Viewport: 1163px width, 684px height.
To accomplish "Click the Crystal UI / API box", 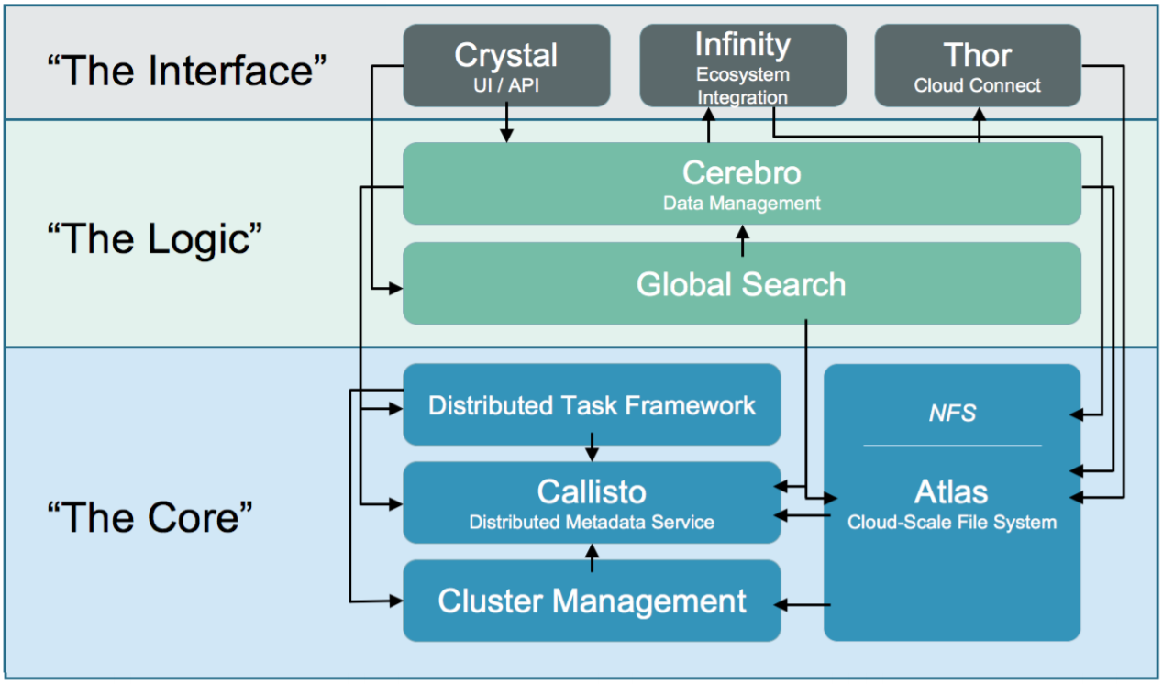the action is pyautogui.click(x=506, y=65).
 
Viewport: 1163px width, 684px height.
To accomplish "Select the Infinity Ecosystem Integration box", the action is pyautogui.click(x=743, y=65).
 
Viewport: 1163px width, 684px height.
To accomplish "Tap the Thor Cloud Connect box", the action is pyautogui.click(x=978, y=65).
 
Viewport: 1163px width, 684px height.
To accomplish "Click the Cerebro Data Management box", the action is pyautogui.click(x=742, y=183).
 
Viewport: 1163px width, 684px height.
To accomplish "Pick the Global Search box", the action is pyautogui.click(x=742, y=283).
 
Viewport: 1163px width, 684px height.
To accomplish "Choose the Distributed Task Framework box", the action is pyautogui.click(x=592, y=404).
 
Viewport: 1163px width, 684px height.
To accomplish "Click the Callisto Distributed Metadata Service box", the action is pyautogui.click(x=592, y=502).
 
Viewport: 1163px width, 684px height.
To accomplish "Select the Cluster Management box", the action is pyautogui.click(x=592, y=601).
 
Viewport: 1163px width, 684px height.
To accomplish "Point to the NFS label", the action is pyautogui.click(x=952, y=414).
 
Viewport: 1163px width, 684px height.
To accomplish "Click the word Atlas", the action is pyautogui.click(x=951, y=491).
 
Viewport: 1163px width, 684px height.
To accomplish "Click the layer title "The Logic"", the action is pyautogui.click(x=154, y=238).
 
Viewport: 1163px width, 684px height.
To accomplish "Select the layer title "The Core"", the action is pyautogui.click(x=150, y=517).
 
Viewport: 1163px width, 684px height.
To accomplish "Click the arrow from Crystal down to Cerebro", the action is pyautogui.click(x=506, y=123).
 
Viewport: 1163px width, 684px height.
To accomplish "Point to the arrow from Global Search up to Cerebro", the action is pyautogui.click(x=742, y=241).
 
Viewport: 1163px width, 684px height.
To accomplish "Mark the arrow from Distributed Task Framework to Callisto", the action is pyautogui.click(x=592, y=447).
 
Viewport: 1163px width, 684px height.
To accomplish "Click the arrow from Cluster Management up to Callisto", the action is pyautogui.click(x=592, y=557).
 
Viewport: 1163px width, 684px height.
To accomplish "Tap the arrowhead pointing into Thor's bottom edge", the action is pyautogui.click(x=980, y=115).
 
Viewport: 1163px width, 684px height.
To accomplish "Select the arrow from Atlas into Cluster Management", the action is pyautogui.click(x=803, y=604).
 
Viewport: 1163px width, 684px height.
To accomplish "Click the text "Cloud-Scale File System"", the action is pyautogui.click(x=952, y=522).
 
